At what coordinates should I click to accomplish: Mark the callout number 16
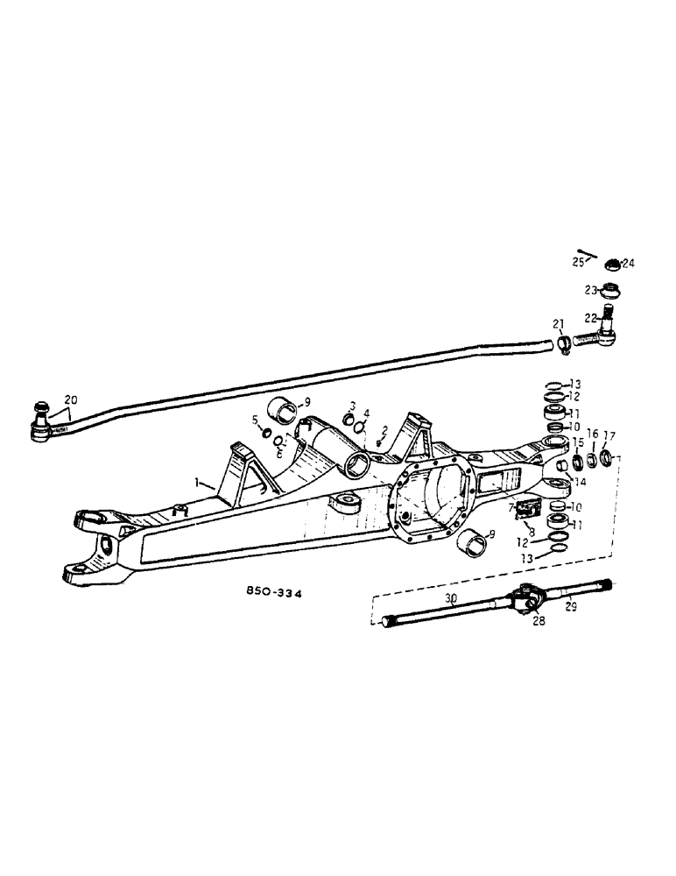click(593, 433)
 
